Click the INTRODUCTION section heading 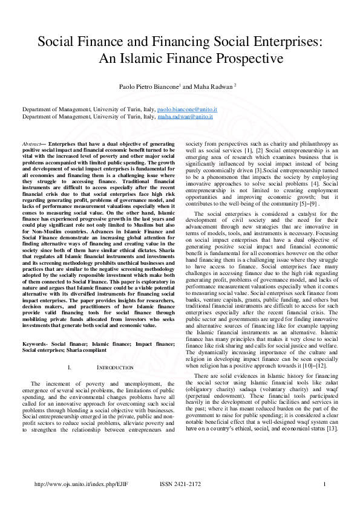(116, 368)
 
